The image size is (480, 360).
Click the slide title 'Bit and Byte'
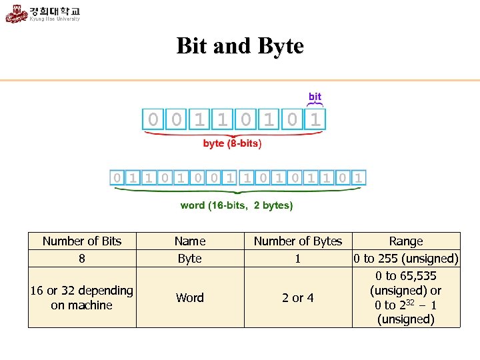pyautogui.click(x=240, y=46)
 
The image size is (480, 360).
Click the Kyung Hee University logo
pyautogui.click(x=43, y=13)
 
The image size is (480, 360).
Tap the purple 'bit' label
pyautogui.click(x=315, y=97)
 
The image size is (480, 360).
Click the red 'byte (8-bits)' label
pyautogui.click(x=232, y=143)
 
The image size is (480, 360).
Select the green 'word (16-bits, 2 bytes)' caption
pyautogui.click(x=237, y=205)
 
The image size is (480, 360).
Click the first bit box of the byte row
pyautogui.click(x=153, y=120)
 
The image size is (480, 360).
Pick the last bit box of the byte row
pyautogui.click(x=316, y=120)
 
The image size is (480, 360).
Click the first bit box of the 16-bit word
pyautogui.click(x=117, y=177)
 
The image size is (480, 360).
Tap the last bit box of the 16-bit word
pyautogui.click(x=359, y=177)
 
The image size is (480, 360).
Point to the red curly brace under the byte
pyautogui.click(x=233, y=133)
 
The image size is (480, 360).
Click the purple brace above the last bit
pyautogui.click(x=315, y=105)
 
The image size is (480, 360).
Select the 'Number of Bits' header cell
pyautogui.click(x=82, y=241)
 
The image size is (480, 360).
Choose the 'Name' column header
pyautogui.click(x=190, y=241)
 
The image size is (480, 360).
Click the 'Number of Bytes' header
pyautogui.click(x=298, y=241)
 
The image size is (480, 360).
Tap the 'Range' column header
pyautogui.click(x=406, y=241)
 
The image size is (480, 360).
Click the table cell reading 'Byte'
pyautogui.click(x=190, y=258)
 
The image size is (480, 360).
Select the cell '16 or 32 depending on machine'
pyautogui.click(x=82, y=297)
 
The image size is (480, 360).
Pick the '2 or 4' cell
pyautogui.click(x=298, y=297)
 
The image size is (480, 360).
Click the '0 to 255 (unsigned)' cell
pyautogui.click(x=406, y=258)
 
